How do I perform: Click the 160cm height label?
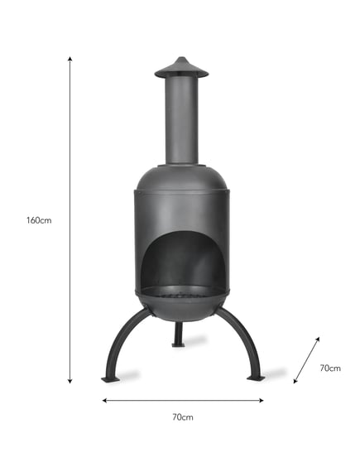click(x=40, y=220)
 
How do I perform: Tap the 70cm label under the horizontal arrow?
click(x=182, y=418)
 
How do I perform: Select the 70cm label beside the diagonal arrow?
click(x=330, y=368)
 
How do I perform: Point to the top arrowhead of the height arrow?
click(x=70, y=60)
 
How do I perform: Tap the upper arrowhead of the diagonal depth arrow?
click(x=319, y=339)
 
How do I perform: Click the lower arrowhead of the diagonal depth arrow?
click(x=295, y=382)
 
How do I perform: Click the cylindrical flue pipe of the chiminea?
click(x=181, y=120)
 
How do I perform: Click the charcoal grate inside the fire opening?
click(x=181, y=291)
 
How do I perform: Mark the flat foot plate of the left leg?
click(x=110, y=379)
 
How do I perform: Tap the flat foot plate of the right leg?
click(x=256, y=378)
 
